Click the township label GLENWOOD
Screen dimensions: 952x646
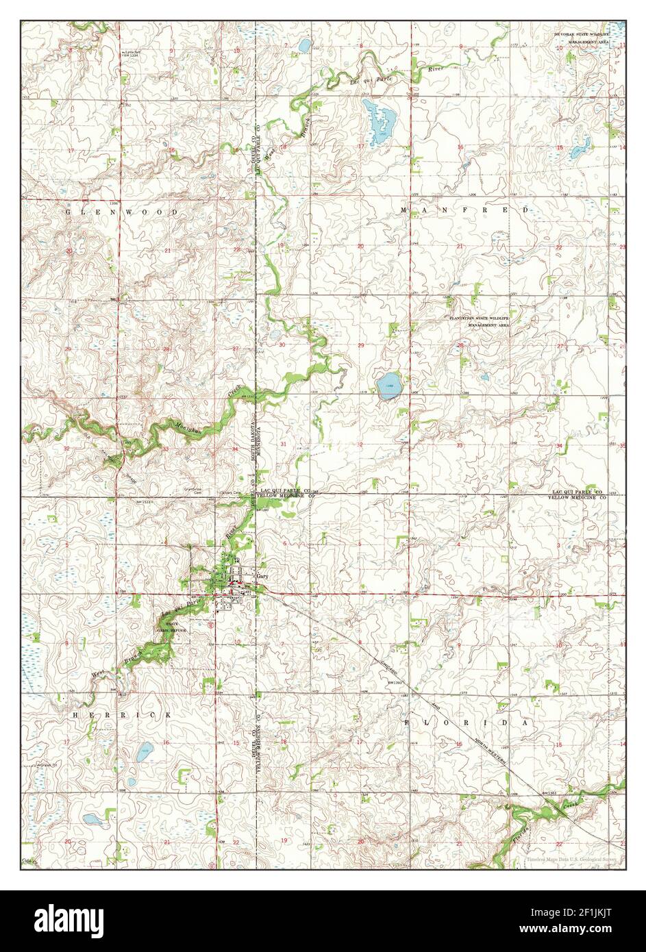122,212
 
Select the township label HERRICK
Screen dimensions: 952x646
121,714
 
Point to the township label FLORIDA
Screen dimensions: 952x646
467,723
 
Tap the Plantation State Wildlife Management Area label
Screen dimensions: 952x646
480,321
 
